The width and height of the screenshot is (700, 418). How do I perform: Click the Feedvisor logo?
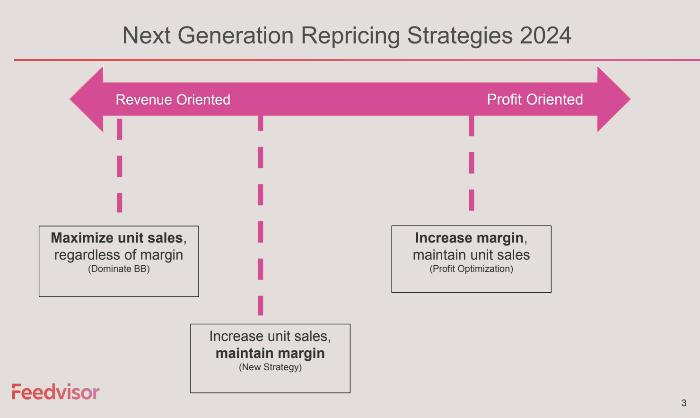coord(56,392)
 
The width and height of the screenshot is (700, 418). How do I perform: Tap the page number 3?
coord(684,403)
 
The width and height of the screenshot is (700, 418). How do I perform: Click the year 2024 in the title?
coord(546,35)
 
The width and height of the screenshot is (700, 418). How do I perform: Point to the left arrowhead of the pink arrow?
coord(86,99)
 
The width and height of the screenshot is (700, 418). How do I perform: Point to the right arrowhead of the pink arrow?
coord(614,99)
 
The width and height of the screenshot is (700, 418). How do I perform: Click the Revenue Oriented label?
coord(173,100)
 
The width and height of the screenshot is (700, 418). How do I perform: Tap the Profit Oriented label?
coord(534,100)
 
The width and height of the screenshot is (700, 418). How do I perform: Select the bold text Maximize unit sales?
coord(117,238)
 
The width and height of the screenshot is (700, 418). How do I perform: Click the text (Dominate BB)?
coord(119,269)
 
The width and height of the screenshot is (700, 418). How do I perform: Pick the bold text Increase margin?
coord(469,238)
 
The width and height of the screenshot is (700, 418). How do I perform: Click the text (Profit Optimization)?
coord(471,269)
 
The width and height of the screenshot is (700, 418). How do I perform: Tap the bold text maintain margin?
coord(270,353)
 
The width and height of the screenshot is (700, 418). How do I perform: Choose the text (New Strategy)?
coord(271,367)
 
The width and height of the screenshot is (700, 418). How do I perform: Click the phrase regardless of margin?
coord(119,255)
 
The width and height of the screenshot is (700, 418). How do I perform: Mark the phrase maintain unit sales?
coord(471,255)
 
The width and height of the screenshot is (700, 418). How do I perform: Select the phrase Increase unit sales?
coord(268,337)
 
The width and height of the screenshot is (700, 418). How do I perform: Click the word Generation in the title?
coord(236,35)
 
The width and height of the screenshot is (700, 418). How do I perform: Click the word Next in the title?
coord(146,35)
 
